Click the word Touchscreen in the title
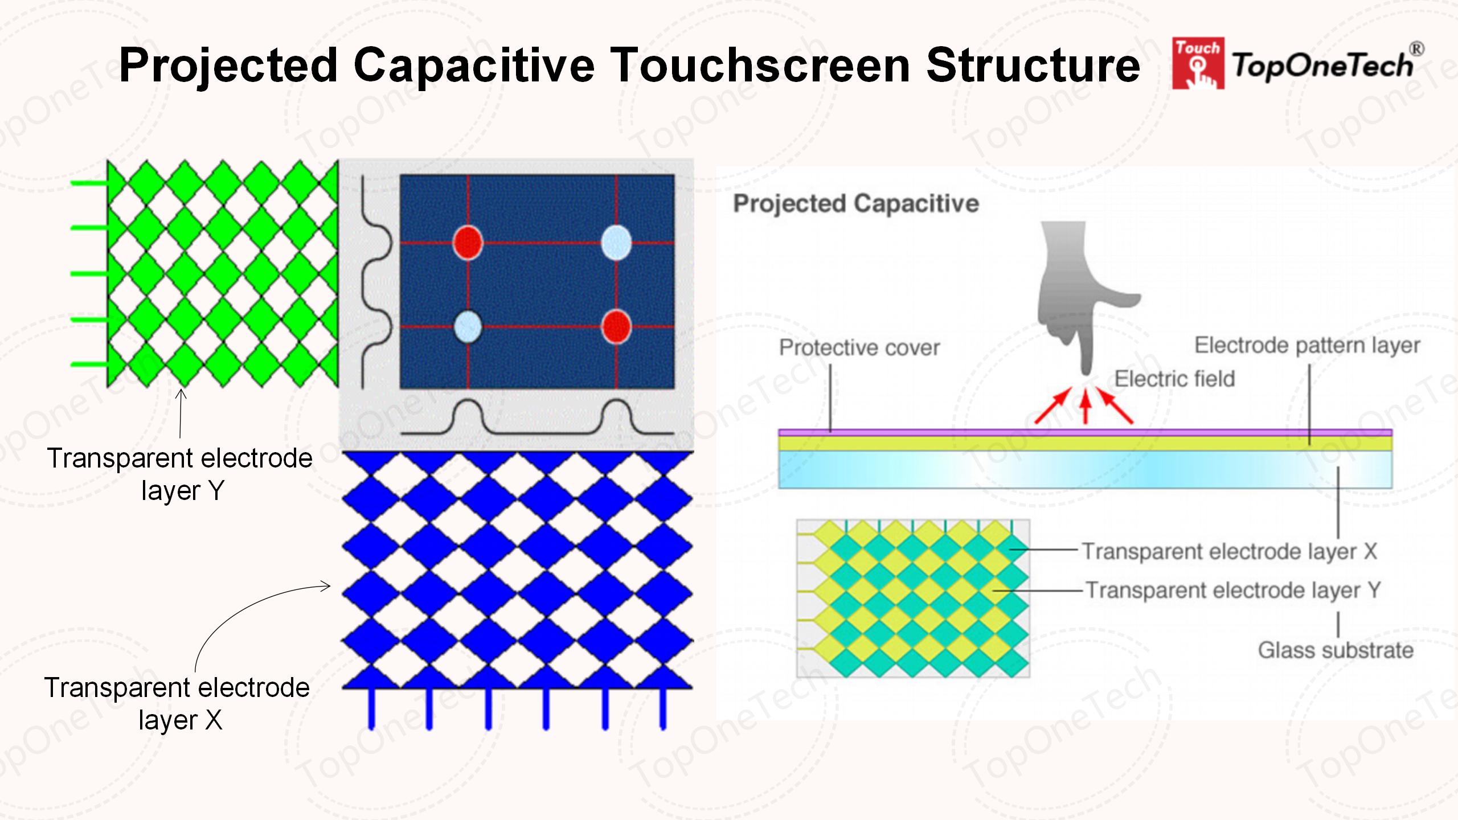tap(761, 65)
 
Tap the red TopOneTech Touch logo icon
tap(1197, 64)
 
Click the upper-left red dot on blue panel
tap(468, 242)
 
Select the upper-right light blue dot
tap(616, 242)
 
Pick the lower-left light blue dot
tap(468, 327)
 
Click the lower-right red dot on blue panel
tap(616, 327)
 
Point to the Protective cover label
tap(859, 347)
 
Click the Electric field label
tap(1174, 379)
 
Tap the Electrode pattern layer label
tap(1307, 345)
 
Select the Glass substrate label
tap(1336, 650)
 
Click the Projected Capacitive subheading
tap(855, 203)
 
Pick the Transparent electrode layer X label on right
tap(1229, 551)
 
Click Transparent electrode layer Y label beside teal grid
tap(1232, 591)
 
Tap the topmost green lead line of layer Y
tap(89, 183)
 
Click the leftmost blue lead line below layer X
tap(371, 709)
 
